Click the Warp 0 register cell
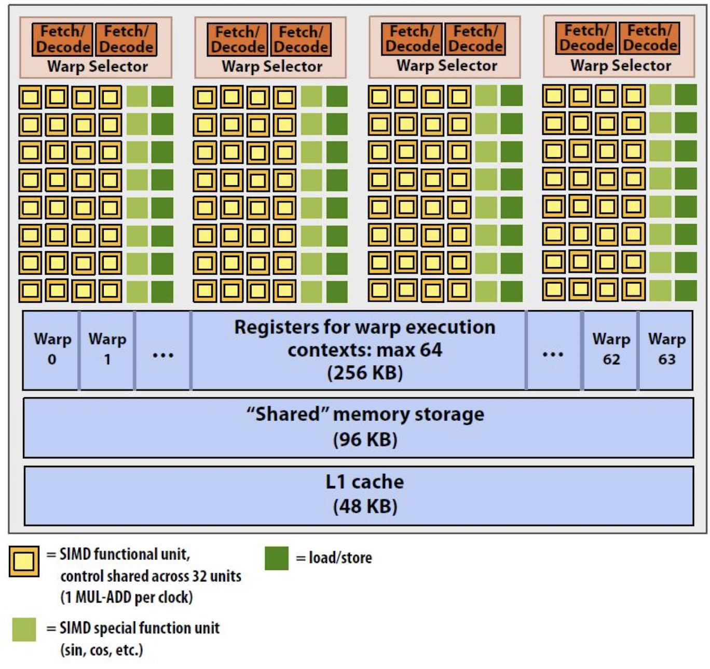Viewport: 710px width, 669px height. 51,350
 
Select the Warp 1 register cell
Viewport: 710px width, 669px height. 107,350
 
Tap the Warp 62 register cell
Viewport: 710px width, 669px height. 611,350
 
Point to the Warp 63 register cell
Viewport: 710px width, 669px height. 666,350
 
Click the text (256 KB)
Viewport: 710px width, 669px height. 365,373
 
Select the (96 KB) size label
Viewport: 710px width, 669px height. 365,439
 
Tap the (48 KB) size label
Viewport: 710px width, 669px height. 365,506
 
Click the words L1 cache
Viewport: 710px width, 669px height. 365,482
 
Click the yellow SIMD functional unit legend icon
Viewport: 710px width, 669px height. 24,562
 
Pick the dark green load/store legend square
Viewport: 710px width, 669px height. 277,558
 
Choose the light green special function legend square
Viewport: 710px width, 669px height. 24,630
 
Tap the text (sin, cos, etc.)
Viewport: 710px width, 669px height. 102,650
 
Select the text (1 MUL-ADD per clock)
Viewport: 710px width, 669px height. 127,597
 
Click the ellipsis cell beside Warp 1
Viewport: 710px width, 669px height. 163,350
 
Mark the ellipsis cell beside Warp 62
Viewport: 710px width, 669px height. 553,350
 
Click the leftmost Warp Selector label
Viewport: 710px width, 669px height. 98,66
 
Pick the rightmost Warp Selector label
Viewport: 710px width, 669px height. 621,65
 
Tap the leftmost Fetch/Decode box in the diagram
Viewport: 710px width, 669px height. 63,39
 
